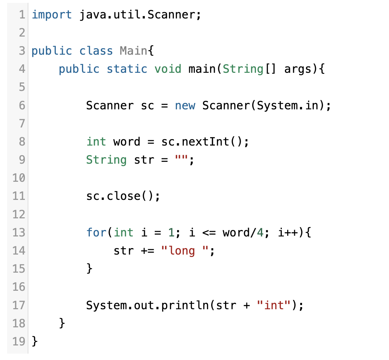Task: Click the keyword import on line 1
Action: [51, 15]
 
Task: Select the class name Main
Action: [133, 51]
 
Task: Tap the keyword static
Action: [127, 69]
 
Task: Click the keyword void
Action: [168, 69]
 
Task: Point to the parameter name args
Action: [297, 69]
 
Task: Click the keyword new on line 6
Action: [185, 105]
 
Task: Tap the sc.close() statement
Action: [123, 196]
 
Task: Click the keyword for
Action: [96, 233]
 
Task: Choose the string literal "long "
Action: [185, 251]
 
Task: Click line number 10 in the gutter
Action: [19, 178]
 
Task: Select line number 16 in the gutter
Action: [19, 287]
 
